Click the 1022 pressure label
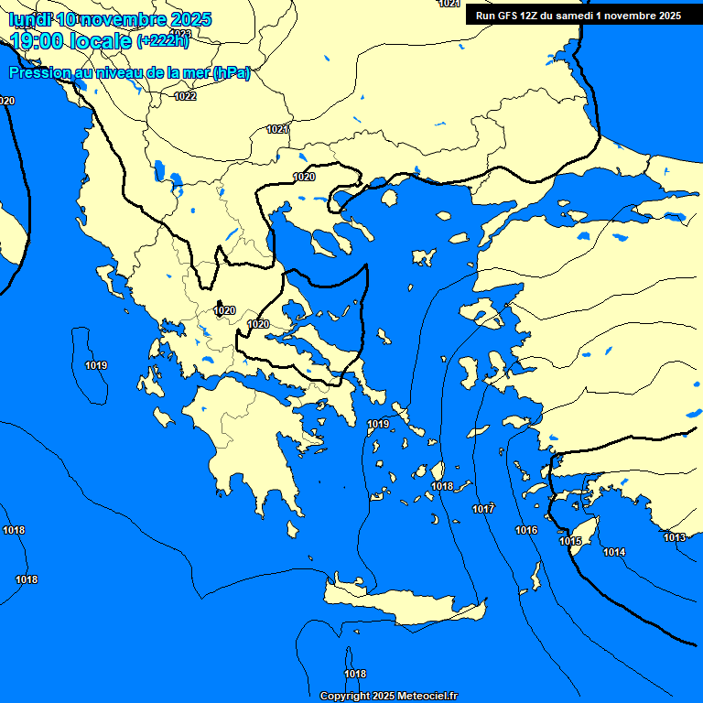[x=185, y=96]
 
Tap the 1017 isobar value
[x=483, y=509]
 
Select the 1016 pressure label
[x=526, y=531]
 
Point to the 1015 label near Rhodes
[x=570, y=542]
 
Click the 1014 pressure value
[x=614, y=552]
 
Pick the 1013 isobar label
[x=675, y=537]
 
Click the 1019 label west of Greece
[x=96, y=366]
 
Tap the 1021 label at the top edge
[x=449, y=4]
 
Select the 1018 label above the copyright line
[x=355, y=675]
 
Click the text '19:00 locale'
[x=70, y=41]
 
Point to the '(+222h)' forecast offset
[x=162, y=41]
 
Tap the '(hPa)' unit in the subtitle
[x=231, y=73]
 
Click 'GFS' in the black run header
[x=503, y=16]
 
